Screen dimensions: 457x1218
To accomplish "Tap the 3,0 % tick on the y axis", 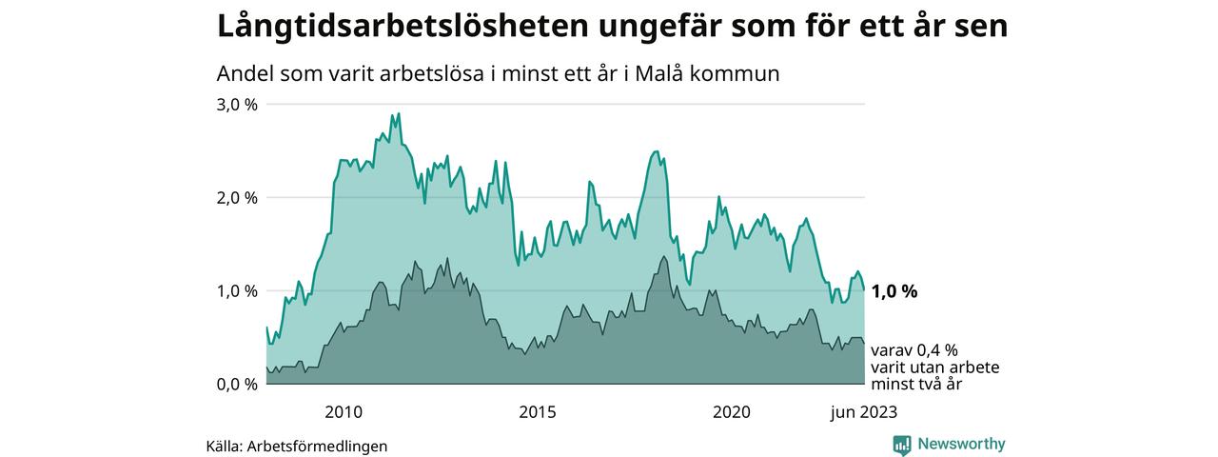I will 238,105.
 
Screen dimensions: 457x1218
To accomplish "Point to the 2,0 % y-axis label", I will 238,198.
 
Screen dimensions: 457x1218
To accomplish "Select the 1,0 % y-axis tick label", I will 238,291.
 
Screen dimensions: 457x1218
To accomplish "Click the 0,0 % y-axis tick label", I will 238,385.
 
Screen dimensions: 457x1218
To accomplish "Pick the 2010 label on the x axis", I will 344,412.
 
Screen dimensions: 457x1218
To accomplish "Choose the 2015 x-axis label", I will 538,412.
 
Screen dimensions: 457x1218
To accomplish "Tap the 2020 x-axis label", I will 732,412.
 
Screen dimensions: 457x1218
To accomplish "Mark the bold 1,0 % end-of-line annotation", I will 894,291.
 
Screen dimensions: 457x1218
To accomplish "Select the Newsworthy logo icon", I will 902,445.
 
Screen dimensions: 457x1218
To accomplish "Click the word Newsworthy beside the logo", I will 961,444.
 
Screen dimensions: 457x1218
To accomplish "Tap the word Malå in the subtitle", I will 670,73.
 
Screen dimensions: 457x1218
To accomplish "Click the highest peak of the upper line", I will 398,113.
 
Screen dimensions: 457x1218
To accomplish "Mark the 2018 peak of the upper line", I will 656,151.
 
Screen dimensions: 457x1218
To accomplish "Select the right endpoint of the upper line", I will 864,289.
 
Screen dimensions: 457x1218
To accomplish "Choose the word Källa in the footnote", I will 223,446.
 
